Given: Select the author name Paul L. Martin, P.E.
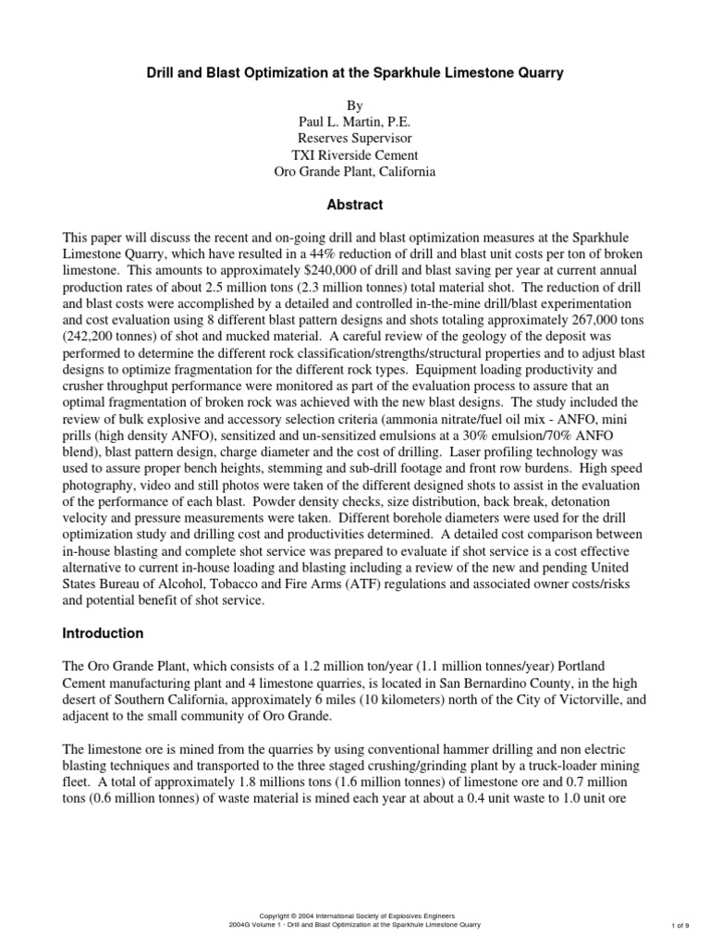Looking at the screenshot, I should point(354,119).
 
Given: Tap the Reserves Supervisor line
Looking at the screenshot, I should point(354,137).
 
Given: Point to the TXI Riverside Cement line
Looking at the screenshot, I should point(354,154).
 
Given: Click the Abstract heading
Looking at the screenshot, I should point(354,204).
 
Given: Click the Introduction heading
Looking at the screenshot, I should point(103,633).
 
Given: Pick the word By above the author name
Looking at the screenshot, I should point(354,102).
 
